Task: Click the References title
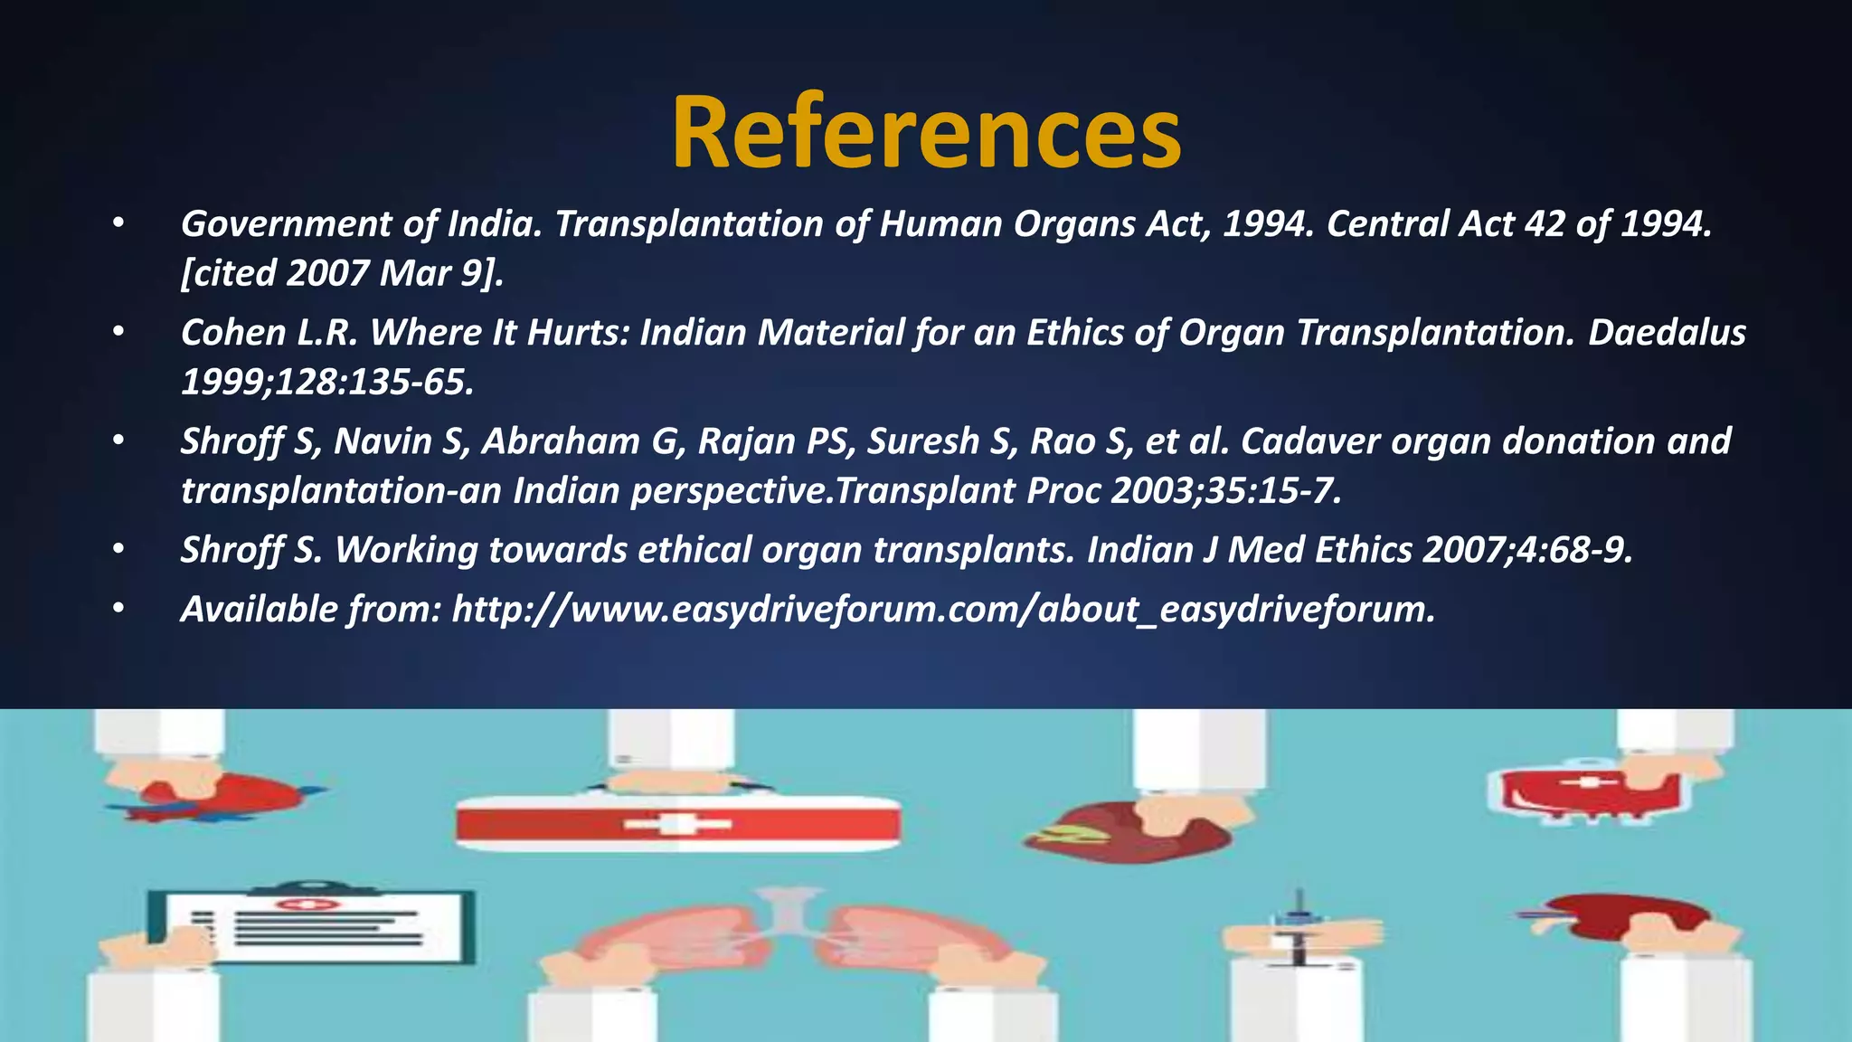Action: point(926,134)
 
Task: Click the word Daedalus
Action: point(1666,333)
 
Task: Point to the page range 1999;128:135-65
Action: point(327,383)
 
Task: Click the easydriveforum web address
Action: point(942,610)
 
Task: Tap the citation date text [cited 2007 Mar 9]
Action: point(342,273)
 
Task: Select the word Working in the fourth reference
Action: point(405,550)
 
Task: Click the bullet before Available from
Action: point(118,610)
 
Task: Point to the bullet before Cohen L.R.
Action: point(118,333)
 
